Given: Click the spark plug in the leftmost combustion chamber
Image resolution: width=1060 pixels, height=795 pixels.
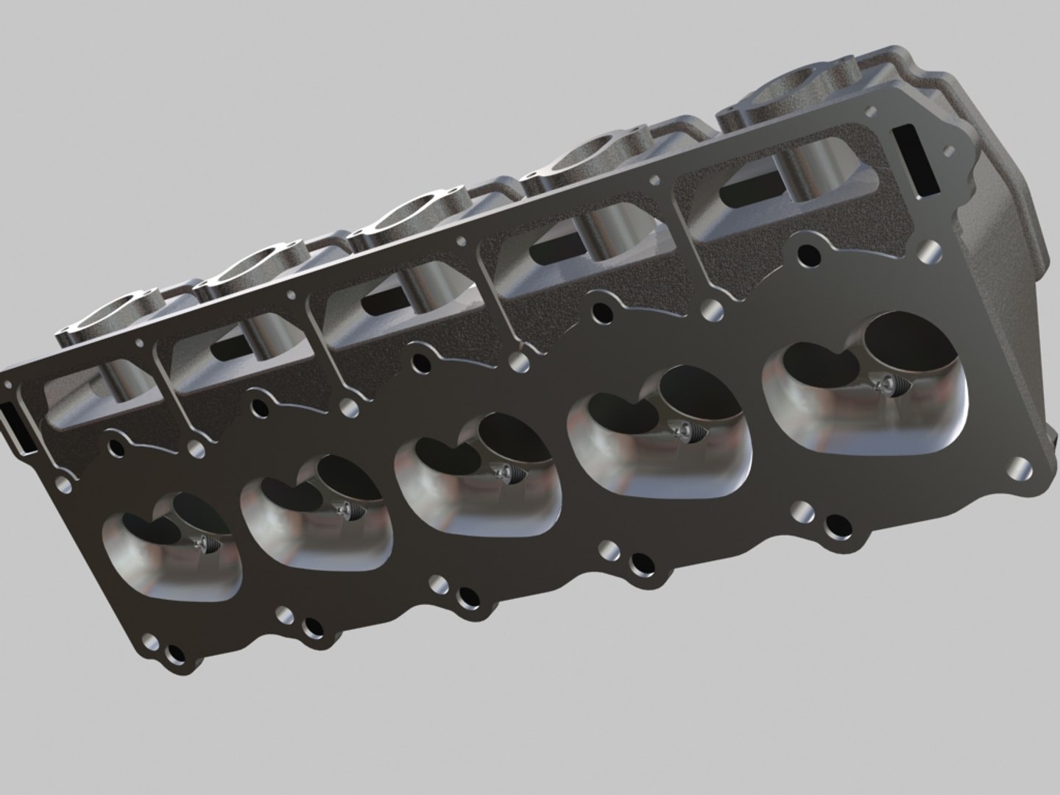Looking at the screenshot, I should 203,543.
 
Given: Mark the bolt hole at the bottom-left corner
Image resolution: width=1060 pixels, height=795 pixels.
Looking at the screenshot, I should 175,653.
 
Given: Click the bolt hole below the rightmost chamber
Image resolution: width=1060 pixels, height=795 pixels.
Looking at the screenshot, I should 835,525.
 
